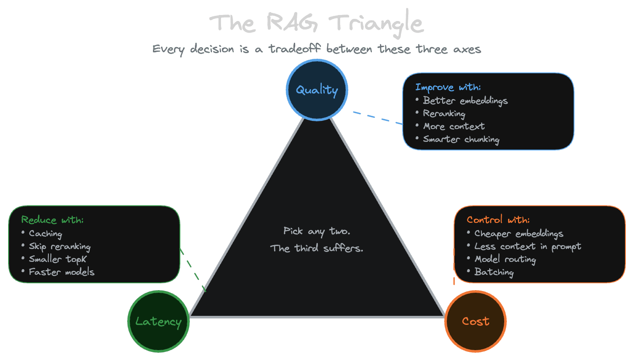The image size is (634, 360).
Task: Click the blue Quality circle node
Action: click(x=317, y=90)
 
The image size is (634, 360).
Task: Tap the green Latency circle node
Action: click(x=158, y=321)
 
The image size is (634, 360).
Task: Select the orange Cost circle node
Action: click(x=475, y=321)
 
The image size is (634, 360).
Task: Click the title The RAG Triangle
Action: click(x=317, y=23)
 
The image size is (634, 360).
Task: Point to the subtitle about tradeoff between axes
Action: click(x=317, y=49)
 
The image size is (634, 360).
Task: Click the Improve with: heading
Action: click(x=448, y=87)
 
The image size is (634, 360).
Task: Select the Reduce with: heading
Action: click(x=52, y=220)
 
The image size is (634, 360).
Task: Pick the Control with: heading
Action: click(x=498, y=220)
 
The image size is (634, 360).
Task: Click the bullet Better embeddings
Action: click(x=465, y=101)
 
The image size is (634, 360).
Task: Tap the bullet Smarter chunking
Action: click(x=461, y=139)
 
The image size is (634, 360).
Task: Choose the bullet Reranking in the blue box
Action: click(x=444, y=114)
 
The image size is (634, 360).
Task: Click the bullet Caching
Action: click(x=45, y=234)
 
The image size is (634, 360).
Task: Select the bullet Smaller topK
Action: click(x=57, y=259)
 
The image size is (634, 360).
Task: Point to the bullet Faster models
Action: click(x=61, y=272)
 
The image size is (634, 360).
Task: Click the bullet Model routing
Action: click(x=505, y=259)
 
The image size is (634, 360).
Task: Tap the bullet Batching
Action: click(x=494, y=272)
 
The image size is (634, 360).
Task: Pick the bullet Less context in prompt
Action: click(x=527, y=246)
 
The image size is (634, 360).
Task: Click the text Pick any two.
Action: click(x=317, y=231)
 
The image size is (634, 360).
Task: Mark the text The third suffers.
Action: click(x=317, y=248)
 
